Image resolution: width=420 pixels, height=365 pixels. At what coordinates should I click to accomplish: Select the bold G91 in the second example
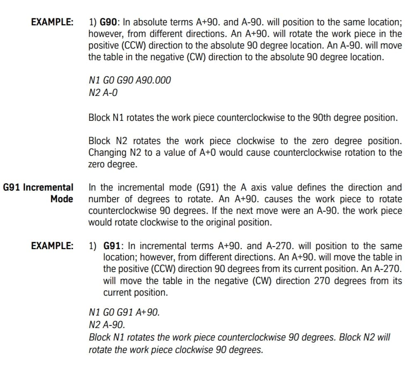(112, 246)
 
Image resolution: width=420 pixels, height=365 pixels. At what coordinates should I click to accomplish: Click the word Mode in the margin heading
(62, 199)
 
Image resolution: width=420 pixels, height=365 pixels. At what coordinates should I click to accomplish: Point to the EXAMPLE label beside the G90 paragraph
(53, 22)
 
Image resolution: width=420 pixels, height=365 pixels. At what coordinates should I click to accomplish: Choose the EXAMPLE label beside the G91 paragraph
(53, 246)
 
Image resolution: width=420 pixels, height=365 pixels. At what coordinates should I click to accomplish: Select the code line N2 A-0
(103, 93)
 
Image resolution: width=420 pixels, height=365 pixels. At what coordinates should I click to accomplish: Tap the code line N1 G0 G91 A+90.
(124, 311)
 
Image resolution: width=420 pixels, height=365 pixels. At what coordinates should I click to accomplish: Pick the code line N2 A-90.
(107, 323)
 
